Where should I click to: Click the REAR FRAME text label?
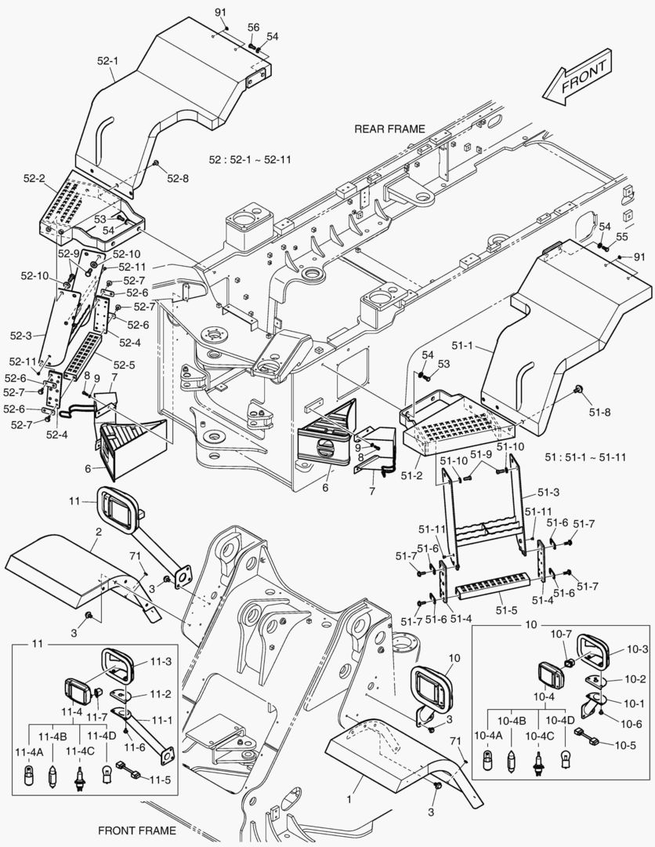tap(389, 129)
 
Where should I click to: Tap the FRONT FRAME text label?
tap(137, 830)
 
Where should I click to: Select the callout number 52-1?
tap(107, 60)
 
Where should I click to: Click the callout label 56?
tap(253, 27)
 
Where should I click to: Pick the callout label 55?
tap(621, 236)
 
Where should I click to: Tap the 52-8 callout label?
tap(178, 179)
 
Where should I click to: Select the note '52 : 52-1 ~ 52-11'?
tap(250, 159)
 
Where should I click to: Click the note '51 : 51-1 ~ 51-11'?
tap(584, 457)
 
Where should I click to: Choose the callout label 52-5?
tap(124, 365)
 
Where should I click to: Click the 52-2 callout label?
tap(34, 179)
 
